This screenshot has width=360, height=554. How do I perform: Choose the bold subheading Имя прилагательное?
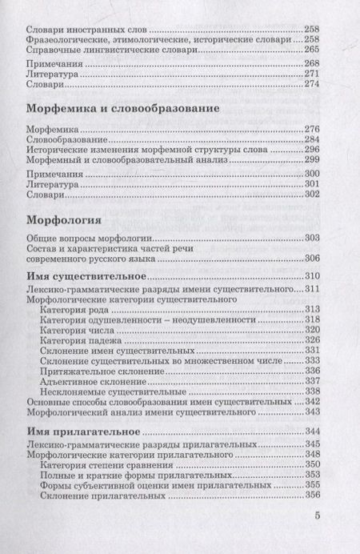pyautogui.click(x=86, y=432)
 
